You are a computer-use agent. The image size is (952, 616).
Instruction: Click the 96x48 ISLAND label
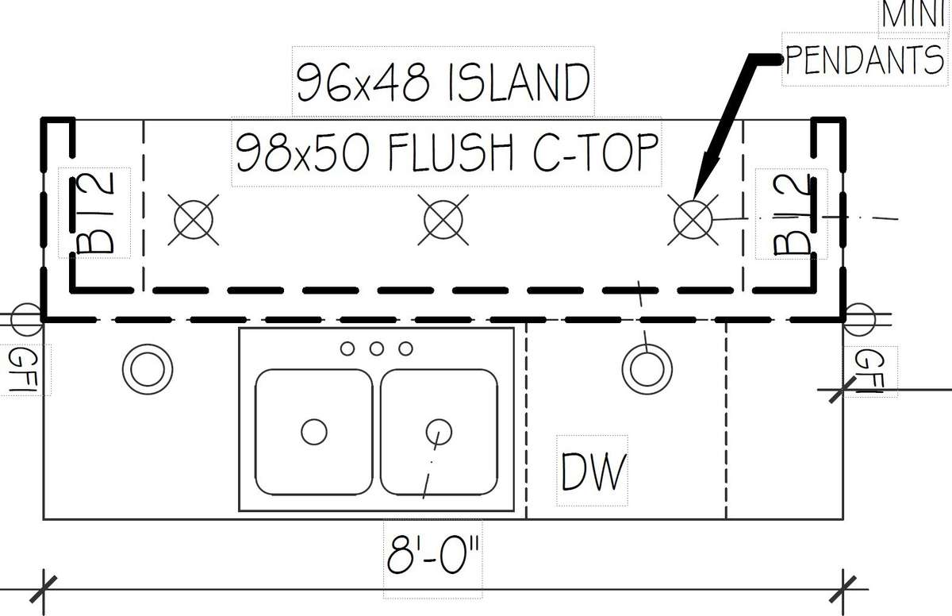(x=443, y=82)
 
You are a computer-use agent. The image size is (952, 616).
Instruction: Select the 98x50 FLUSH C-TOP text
(x=447, y=152)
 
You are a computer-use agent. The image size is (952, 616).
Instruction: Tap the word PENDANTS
(x=865, y=60)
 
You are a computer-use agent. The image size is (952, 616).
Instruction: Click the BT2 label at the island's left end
(x=94, y=213)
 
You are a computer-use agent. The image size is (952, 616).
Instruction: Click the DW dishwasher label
(x=593, y=472)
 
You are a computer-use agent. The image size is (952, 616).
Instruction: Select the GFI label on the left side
(x=23, y=370)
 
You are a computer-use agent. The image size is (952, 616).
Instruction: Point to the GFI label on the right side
(x=869, y=372)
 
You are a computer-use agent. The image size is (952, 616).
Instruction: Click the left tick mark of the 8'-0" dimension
(x=44, y=589)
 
